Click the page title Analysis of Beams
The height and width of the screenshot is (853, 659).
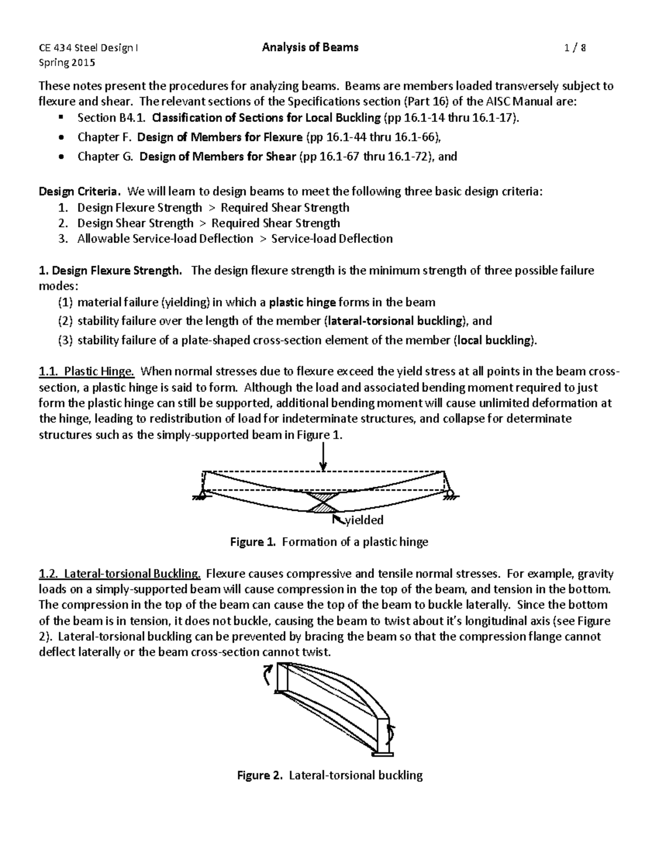point(310,47)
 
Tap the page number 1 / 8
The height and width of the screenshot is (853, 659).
point(575,48)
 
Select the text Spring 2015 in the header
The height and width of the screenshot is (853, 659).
point(66,63)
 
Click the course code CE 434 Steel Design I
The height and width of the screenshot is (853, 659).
point(88,48)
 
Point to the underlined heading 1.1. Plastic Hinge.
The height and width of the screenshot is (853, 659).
point(87,372)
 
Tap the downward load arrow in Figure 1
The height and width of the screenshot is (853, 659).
point(323,457)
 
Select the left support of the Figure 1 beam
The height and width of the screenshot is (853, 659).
point(201,495)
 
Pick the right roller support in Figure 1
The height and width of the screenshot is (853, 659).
point(450,495)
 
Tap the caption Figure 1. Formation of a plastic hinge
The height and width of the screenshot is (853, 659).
point(328,542)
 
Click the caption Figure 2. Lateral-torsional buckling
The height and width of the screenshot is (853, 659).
point(329,776)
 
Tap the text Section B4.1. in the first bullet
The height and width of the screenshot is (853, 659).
point(112,118)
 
